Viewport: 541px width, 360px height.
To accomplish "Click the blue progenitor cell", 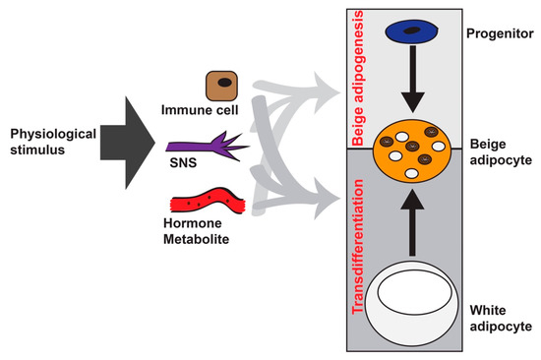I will coord(417,32).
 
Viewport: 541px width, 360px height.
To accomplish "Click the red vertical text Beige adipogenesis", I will coord(361,73).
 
